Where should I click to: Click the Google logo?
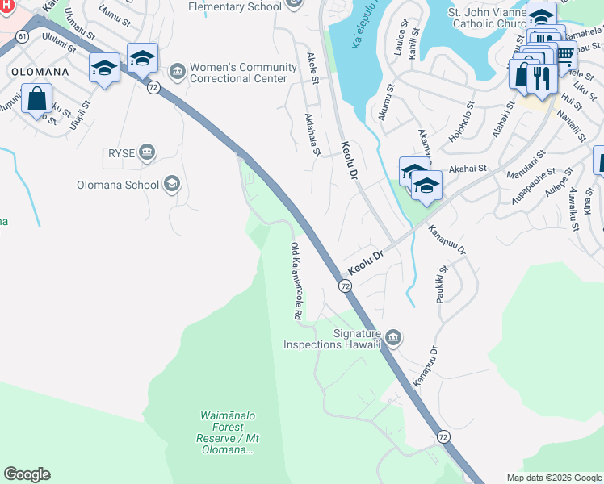coord(27,474)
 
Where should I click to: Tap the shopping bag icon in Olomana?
coord(38,99)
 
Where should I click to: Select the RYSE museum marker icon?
coord(147,152)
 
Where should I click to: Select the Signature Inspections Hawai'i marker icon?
coord(393,337)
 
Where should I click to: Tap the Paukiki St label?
coord(443,285)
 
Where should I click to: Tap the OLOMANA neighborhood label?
coord(39,71)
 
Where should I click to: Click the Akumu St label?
coord(386,102)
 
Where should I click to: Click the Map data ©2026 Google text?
coord(553,478)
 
